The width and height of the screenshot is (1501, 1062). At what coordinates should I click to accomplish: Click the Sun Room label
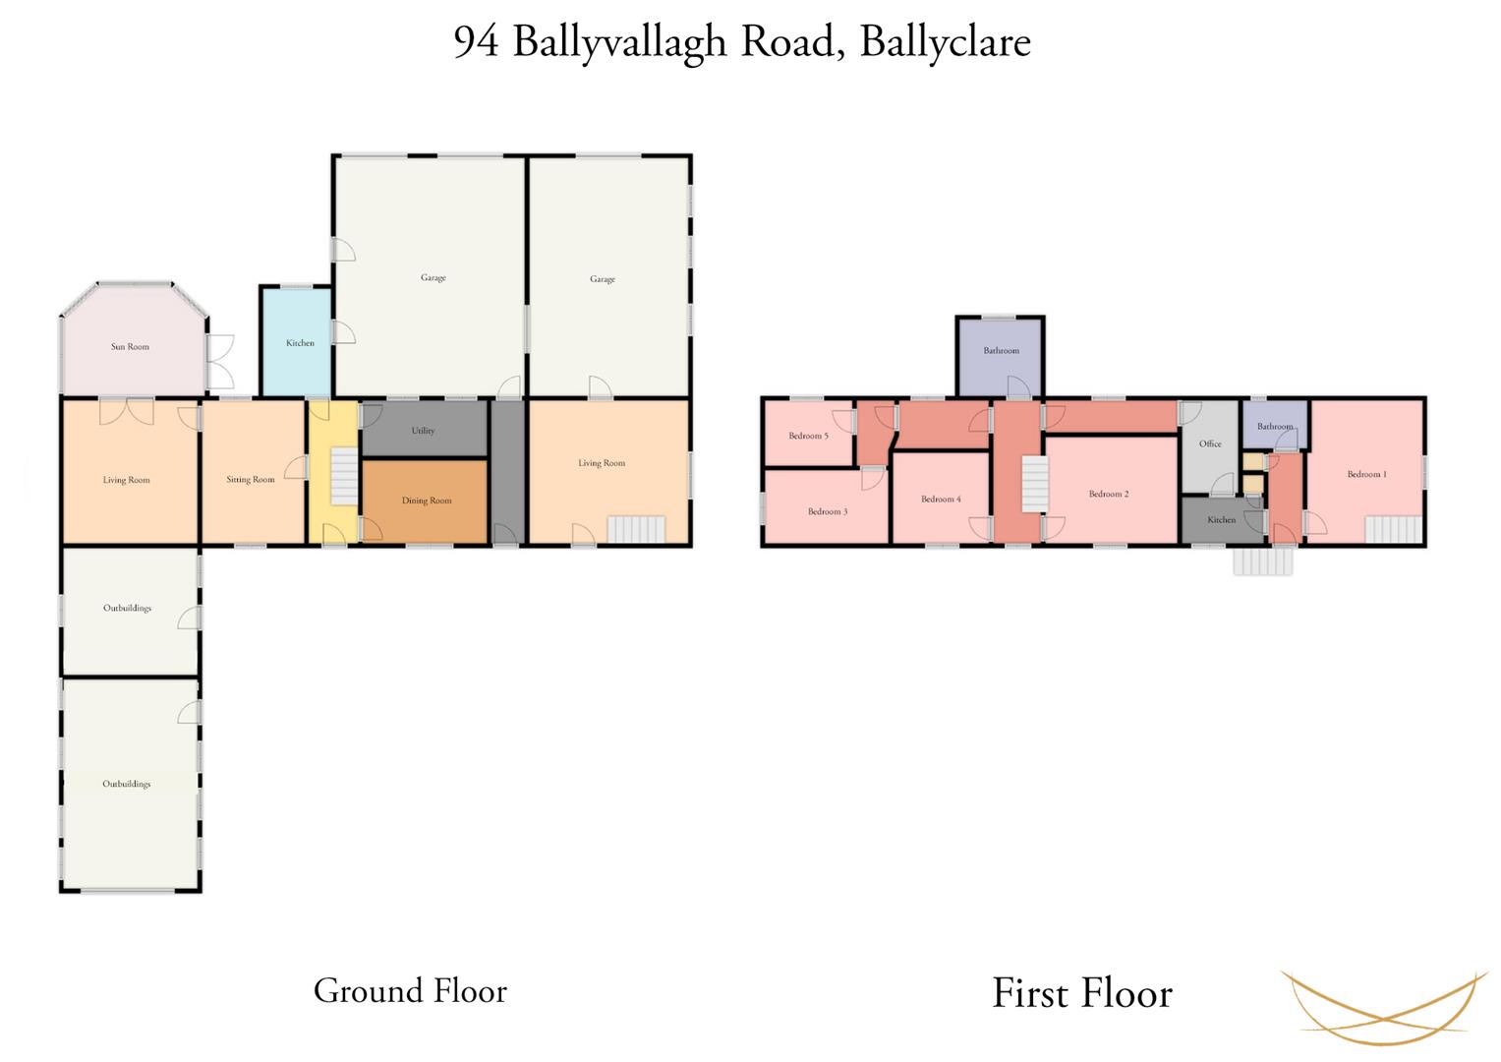point(130,346)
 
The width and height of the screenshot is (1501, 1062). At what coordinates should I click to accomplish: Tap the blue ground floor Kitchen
point(296,342)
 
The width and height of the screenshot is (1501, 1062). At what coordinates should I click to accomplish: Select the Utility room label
point(423,431)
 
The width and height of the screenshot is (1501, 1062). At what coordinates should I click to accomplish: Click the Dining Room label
point(427,501)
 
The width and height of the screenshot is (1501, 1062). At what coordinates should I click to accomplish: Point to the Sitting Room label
point(251,480)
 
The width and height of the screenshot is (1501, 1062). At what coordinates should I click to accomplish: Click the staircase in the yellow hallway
point(344,477)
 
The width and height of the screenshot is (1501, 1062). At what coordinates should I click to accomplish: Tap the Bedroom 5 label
point(808,436)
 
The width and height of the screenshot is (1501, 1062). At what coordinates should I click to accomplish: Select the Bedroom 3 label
point(828,511)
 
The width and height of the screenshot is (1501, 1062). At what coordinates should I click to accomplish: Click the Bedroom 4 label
point(941,499)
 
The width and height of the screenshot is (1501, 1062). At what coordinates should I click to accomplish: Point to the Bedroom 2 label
point(1109,494)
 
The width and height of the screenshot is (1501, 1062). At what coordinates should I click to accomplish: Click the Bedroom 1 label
point(1367,474)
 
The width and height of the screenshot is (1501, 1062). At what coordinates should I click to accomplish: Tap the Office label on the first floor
point(1210,443)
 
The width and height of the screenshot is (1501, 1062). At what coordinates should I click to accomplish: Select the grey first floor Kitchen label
point(1222,519)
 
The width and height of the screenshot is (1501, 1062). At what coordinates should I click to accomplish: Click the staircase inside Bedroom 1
point(1394,529)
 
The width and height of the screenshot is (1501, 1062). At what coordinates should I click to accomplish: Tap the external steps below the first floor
point(1263,561)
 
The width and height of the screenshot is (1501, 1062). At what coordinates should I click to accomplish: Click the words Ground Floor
point(410,991)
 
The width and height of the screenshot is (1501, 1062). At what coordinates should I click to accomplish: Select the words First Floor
point(1082,993)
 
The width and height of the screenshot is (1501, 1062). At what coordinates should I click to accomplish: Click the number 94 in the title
point(476,41)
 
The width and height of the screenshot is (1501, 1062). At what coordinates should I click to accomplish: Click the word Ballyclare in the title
point(945,43)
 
